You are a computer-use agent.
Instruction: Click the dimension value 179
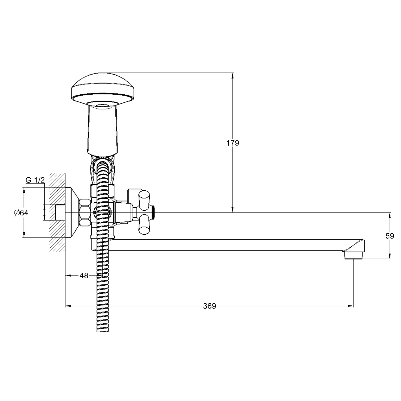(x=233, y=143)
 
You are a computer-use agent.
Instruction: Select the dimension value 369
(x=209, y=306)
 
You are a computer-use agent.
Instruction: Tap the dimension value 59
(x=390, y=236)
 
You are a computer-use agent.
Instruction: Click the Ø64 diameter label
(x=21, y=213)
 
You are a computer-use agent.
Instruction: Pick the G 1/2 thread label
(x=35, y=180)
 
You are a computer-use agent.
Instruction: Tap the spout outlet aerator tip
(x=353, y=255)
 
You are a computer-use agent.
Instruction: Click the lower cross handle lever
(x=144, y=225)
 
